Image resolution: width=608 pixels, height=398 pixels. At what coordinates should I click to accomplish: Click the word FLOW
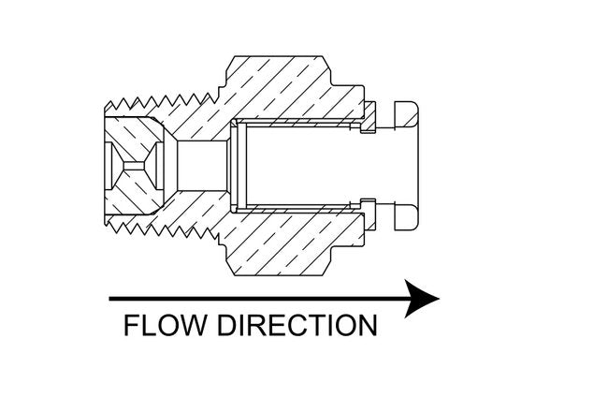coord(166,326)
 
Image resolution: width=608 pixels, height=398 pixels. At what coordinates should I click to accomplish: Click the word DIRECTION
coord(297,326)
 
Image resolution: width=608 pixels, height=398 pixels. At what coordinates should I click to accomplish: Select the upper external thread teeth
coord(159,97)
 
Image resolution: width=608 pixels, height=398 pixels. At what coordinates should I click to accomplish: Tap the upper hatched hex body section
coord(281,89)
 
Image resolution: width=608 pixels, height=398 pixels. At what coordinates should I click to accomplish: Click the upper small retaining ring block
coord(369,117)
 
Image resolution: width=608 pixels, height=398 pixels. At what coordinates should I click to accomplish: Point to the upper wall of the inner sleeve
coord(299,125)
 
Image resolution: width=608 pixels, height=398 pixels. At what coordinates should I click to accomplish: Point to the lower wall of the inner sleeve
coord(299,203)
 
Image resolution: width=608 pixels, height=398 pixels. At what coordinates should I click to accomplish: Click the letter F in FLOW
coord(132,326)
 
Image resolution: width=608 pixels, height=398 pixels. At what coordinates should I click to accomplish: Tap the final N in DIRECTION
coord(367,326)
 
